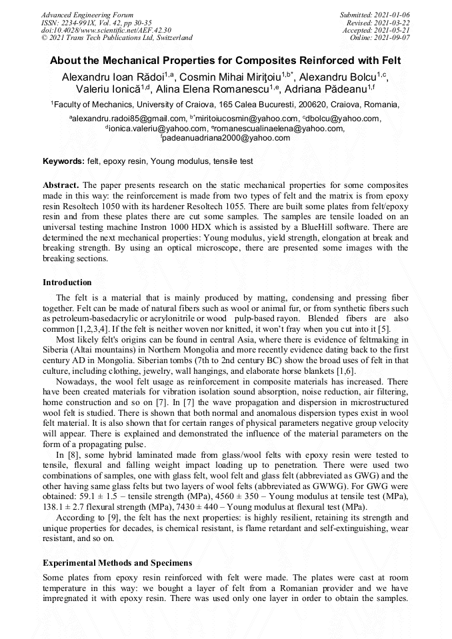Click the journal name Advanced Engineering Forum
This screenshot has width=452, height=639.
click(87, 15)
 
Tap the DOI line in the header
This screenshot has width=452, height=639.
click(106, 30)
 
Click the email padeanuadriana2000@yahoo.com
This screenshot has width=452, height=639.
click(227, 138)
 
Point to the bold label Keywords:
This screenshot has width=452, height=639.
click(63, 162)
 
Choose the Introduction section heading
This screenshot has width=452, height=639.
click(67, 283)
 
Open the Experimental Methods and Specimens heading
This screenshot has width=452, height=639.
click(117, 563)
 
